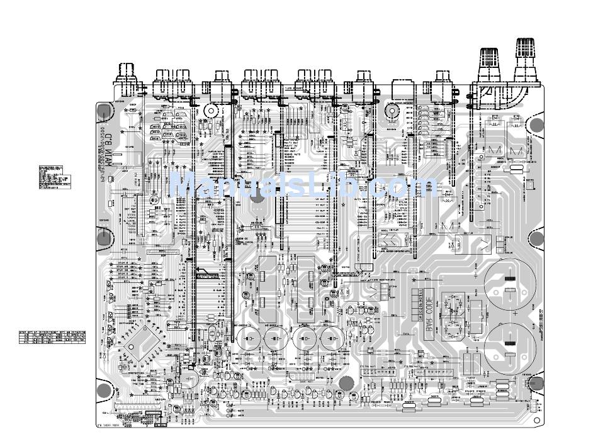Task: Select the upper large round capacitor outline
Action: coord(510,284)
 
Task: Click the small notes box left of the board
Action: coord(55,177)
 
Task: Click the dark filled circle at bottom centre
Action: coord(346,383)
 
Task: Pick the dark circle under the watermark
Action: coord(257,197)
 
